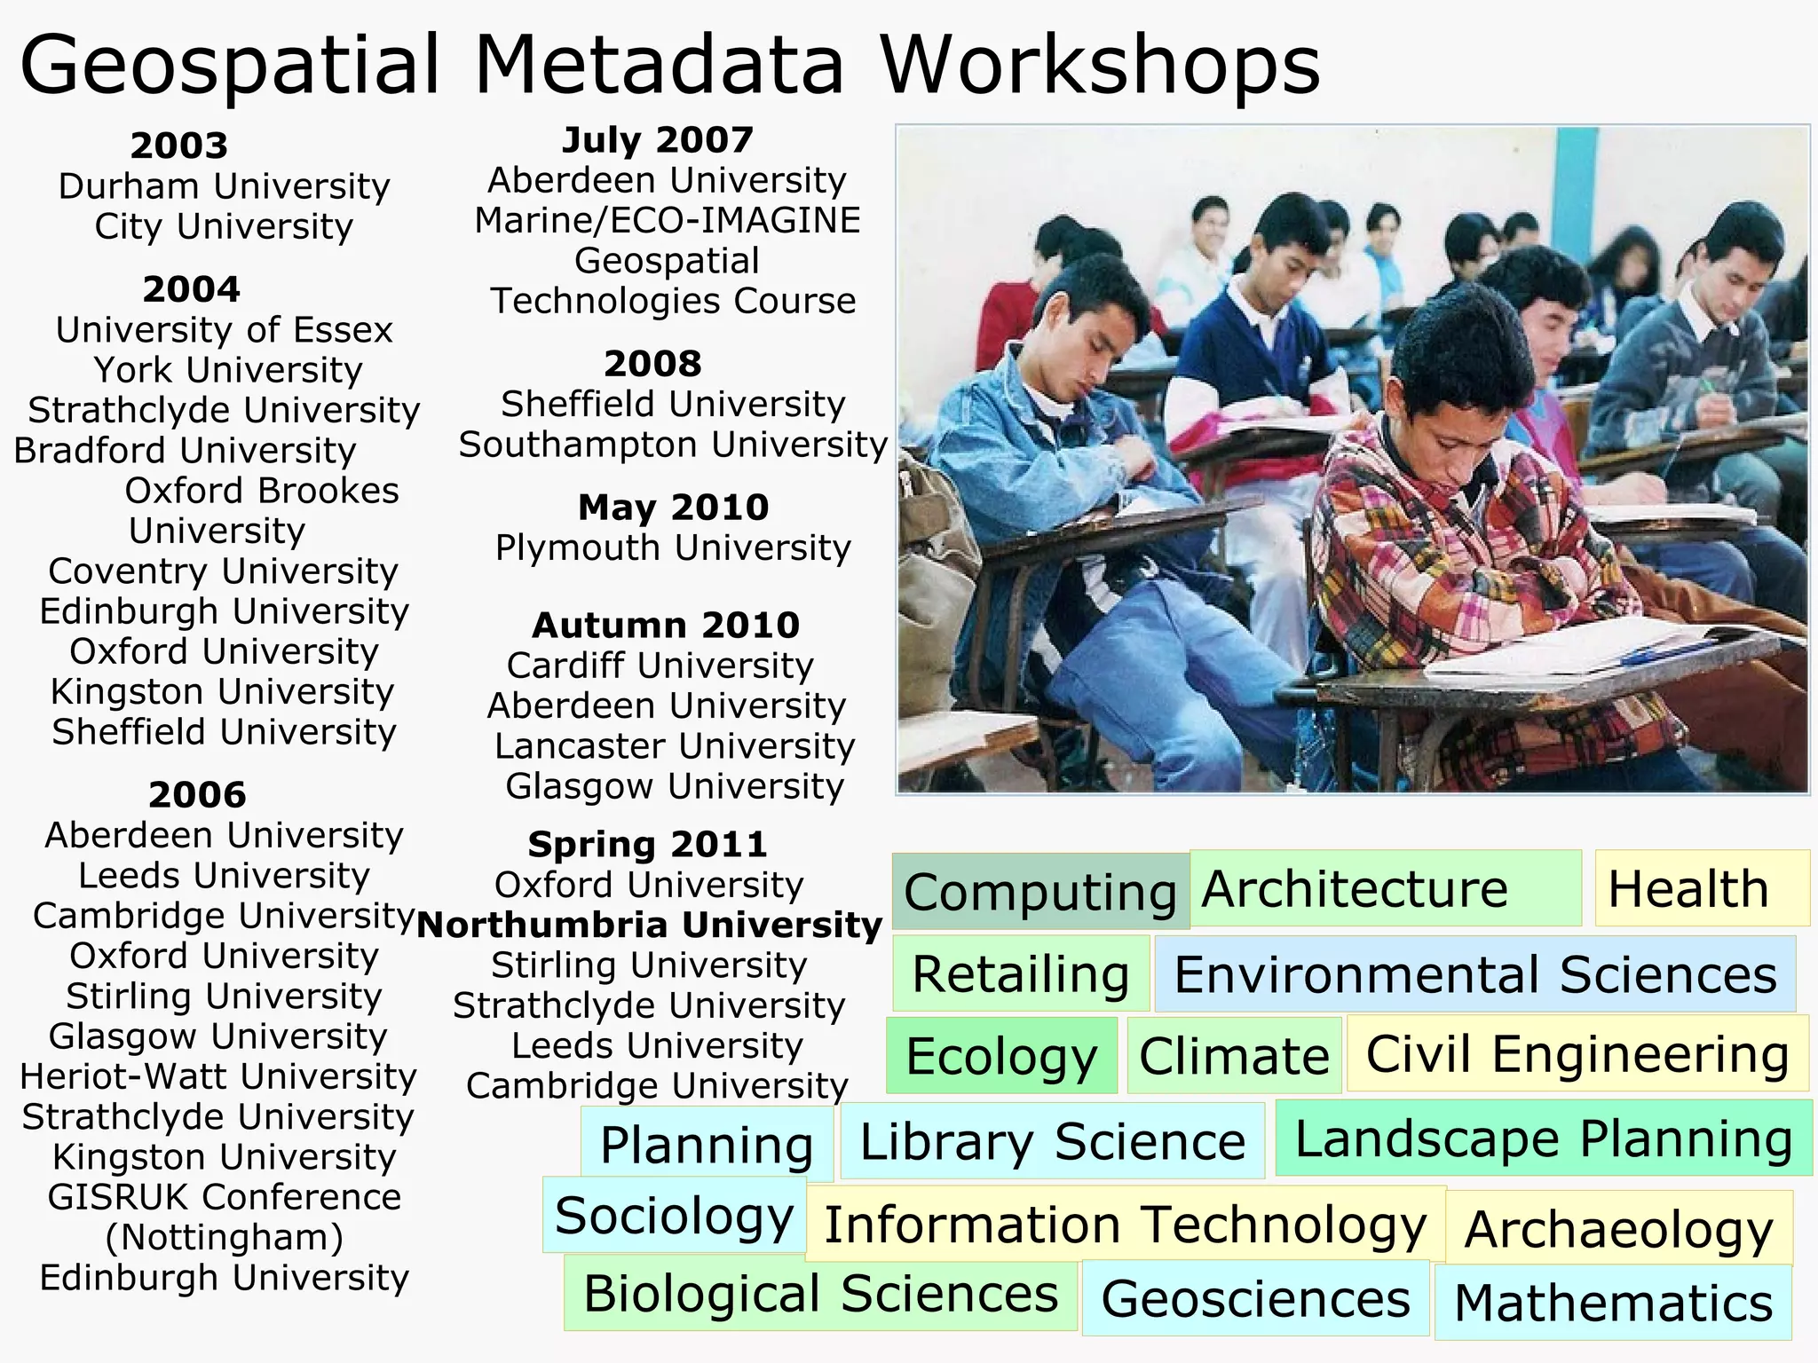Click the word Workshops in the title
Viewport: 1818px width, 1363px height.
coord(1100,66)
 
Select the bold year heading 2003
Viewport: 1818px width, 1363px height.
coord(179,146)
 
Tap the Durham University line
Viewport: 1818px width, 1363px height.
coord(224,186)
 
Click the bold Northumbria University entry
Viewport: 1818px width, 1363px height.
coord(649,925)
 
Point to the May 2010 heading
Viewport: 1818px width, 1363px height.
coord(673,508)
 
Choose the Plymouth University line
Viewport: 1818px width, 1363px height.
coord(673,548)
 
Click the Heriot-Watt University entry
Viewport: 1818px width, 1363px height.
coord(218,1076)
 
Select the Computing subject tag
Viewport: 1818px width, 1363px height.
coord(1039,891)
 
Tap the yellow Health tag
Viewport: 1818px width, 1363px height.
coord(1688,888)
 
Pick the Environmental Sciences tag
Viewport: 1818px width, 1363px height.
coord(1474,973)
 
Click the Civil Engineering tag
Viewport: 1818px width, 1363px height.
coord(1577,1053)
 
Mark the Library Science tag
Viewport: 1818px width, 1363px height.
coord(1052,1141)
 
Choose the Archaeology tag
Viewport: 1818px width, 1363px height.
coord(1618,1229)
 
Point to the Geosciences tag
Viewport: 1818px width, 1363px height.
coord(1255,1298)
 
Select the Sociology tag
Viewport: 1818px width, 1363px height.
coord(674,1215)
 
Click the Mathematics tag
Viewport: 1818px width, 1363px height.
coord(1613,1303)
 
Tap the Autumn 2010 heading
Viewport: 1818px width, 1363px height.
coord(666,626)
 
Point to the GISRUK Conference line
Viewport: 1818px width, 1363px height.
coord(225,1197)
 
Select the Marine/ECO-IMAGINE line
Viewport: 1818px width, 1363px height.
coord(668,220)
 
